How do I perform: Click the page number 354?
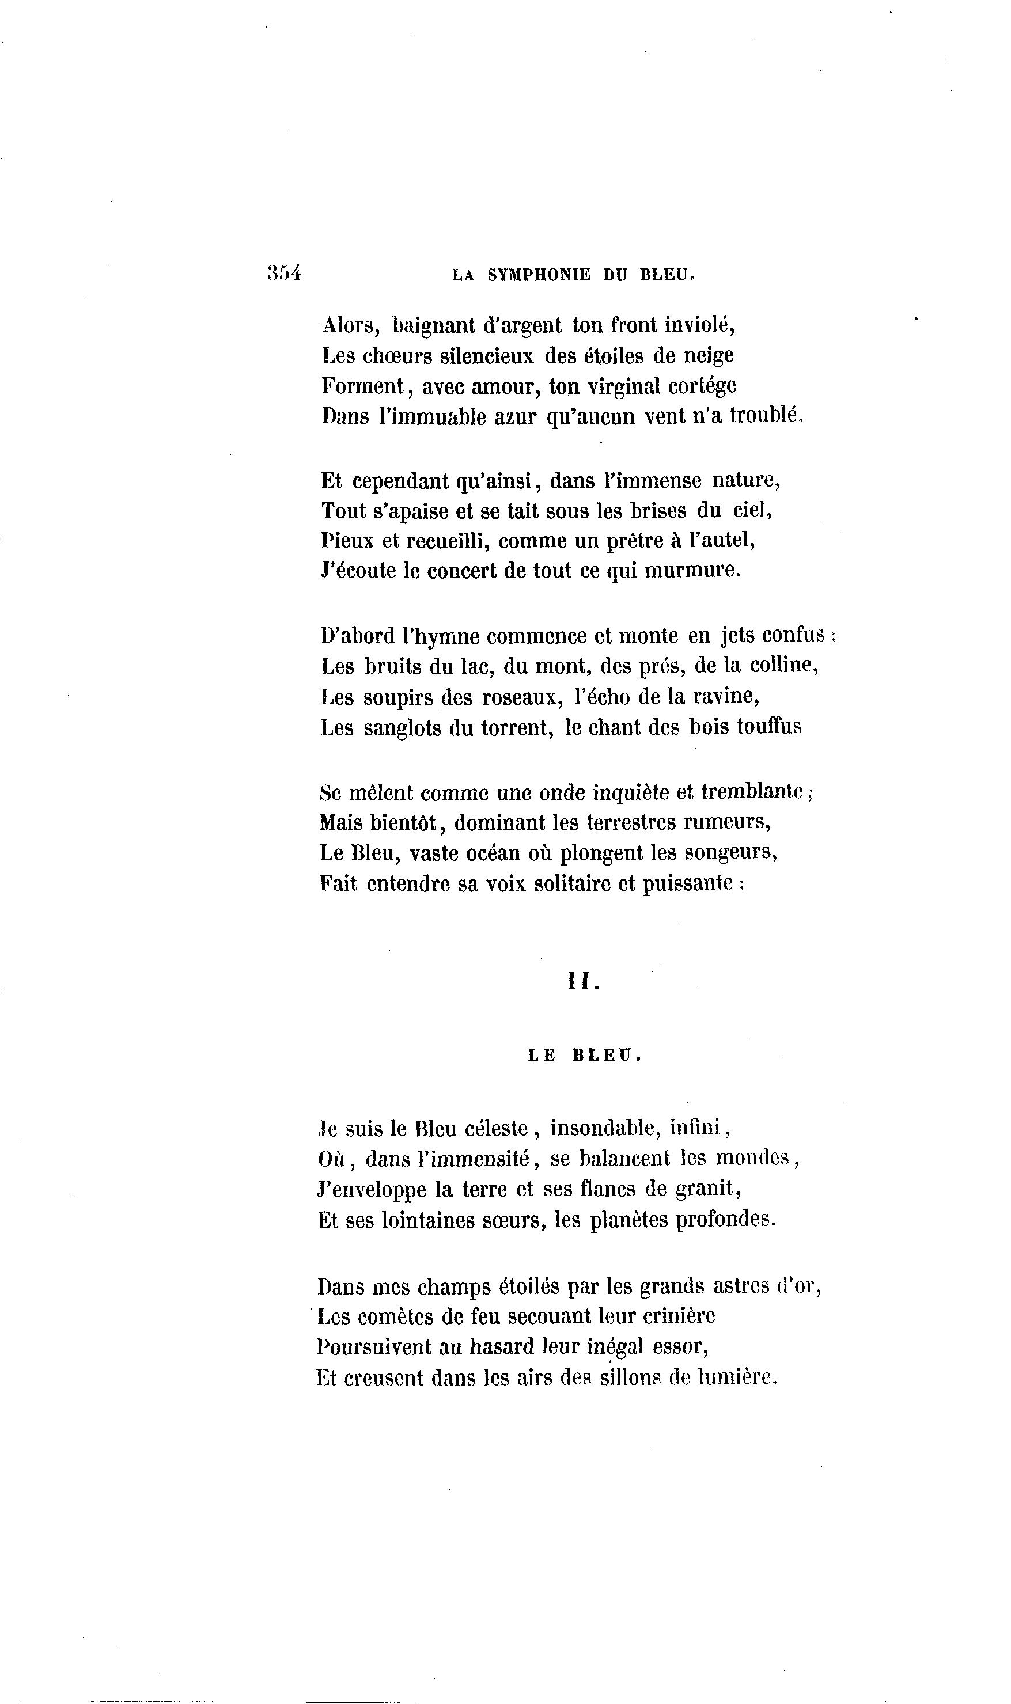click(x=284, y=274)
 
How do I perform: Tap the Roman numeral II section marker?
click(x=583, y=982)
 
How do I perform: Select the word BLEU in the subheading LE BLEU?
click(x=607, y=1056)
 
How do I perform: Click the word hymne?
click(x=445, y=637)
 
